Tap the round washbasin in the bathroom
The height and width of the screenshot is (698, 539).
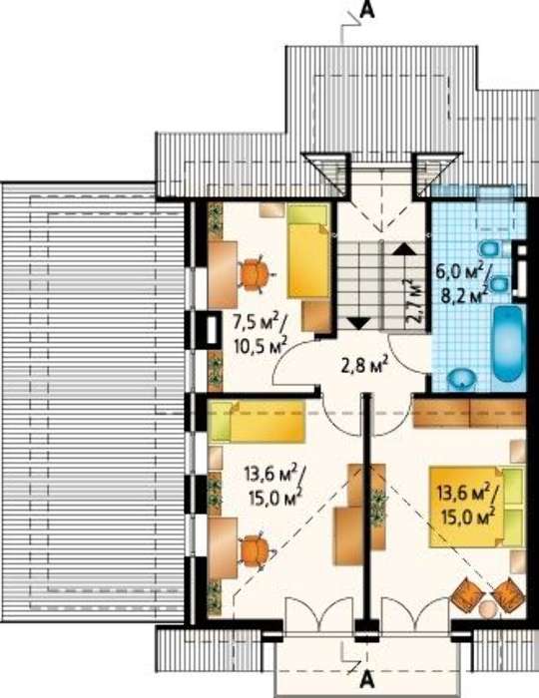[x=463, y=378]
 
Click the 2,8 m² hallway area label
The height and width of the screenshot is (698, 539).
[x=364, y=366]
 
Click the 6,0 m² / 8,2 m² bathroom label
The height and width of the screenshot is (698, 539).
[x=461, y=284]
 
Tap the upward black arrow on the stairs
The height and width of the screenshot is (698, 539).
[x=403, y=248]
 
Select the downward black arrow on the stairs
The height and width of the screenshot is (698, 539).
[x=357, y=322]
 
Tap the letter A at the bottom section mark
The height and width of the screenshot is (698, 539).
[x=366, y=680]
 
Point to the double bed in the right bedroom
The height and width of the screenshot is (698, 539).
[x=476, y=507]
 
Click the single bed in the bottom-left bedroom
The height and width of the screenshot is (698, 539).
[x=257, y=422]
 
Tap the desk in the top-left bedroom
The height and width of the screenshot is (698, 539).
[x=223, y=274]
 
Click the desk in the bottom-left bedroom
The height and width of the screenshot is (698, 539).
[x=223, y=548]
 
